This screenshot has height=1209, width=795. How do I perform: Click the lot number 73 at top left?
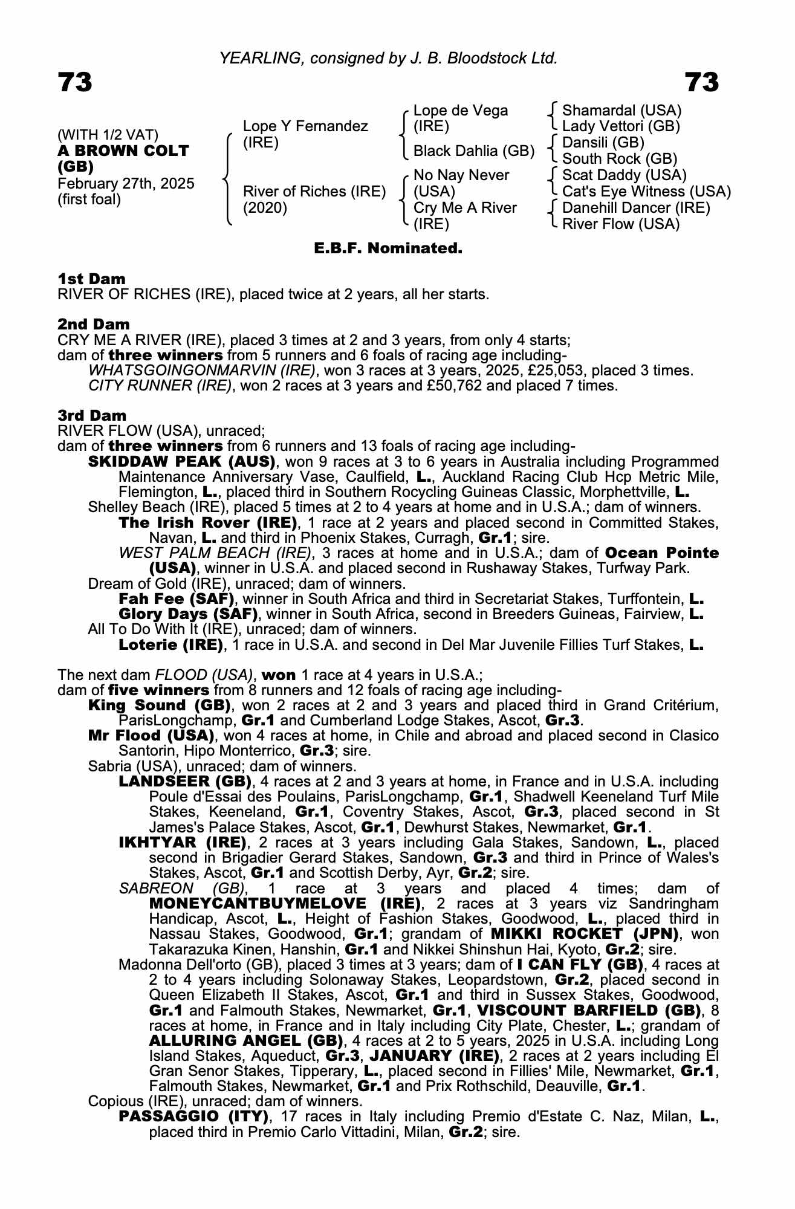tap(75, 82)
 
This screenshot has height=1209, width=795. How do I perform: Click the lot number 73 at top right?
tap(701, 82)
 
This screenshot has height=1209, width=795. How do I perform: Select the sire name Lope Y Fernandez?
tap(305, 126)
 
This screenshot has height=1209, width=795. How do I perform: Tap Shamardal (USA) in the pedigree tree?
tap(621, 111)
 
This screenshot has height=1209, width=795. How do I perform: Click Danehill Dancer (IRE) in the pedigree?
tap(636, 208)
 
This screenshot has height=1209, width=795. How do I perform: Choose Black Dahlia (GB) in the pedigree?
tap(474, 151)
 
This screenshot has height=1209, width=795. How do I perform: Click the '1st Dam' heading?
tap(92, 279)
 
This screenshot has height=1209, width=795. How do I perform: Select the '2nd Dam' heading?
tap(94, 324)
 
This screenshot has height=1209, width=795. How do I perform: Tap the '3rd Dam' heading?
tap(92, 415)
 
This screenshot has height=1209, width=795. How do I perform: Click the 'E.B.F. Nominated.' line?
tap(388, 248)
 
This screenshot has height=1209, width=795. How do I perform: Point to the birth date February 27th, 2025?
tap(126, 184)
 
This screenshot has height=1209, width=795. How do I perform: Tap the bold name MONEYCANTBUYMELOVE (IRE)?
tap(285, 904)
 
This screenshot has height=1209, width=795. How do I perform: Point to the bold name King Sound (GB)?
tap(160, 705)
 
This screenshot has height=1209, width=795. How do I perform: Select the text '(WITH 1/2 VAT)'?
tap(108, 135)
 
